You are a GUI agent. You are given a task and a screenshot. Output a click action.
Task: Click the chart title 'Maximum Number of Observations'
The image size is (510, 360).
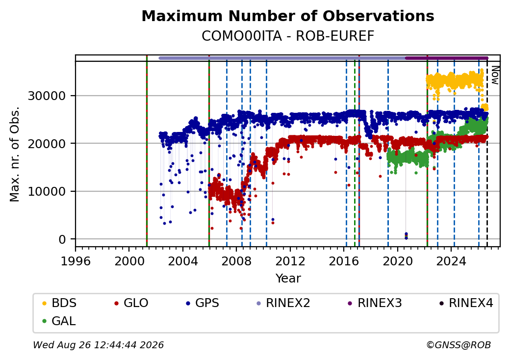coord(288,16)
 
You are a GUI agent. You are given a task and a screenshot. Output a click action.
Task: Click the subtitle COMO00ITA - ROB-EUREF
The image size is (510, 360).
coord(288,36)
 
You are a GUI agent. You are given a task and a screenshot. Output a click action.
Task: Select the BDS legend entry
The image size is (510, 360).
coord(59,303)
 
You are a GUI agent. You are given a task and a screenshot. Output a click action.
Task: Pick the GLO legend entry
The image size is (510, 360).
coord(131,303)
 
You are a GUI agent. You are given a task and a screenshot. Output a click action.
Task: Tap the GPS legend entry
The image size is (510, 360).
coord(203,303)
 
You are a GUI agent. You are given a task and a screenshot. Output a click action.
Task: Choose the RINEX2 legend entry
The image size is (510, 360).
coord(283,303)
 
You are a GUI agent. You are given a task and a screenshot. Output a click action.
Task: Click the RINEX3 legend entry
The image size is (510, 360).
coord(375,303)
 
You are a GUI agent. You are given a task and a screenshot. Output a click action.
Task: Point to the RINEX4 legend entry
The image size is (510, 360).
coord(466,303)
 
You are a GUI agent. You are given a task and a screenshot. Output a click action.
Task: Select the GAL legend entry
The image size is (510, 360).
coord(59,321)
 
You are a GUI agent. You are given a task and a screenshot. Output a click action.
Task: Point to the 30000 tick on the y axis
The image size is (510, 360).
coord(47,96)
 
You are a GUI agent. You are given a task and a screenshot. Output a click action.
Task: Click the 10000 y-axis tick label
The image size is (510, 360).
coord(47,192)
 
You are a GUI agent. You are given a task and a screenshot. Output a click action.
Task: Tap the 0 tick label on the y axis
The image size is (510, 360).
coord(62,240)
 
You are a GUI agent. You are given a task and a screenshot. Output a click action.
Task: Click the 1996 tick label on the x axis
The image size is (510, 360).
coord(76,261)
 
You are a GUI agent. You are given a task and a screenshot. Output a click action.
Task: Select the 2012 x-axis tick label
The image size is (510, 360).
coord(290,261)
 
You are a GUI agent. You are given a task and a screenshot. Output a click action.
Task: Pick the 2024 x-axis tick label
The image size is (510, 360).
coord(451,261)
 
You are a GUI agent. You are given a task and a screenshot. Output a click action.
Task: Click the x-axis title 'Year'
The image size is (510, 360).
coord(288,279)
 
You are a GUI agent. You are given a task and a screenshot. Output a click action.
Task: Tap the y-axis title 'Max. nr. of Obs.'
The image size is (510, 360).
coord(15,154)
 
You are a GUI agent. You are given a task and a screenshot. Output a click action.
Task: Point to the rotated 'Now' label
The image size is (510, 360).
coord(495,75)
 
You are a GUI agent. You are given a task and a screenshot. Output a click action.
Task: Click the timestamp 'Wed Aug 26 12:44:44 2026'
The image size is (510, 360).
coord(99,345)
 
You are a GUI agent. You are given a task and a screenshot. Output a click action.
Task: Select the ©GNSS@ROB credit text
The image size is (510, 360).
coord(459,345)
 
